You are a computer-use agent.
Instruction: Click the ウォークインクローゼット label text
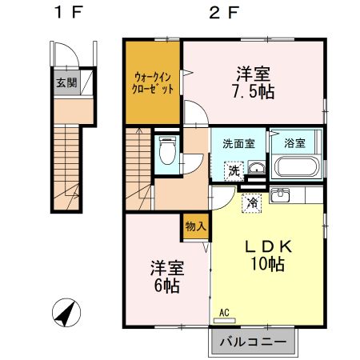153,82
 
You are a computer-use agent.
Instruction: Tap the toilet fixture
167,151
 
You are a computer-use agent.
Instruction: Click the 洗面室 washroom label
238,144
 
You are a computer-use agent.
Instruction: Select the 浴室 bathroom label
294,144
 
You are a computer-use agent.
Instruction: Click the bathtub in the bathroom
297,168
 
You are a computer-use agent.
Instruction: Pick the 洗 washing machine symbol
234,170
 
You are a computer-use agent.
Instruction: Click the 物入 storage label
195,226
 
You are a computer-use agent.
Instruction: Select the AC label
223,314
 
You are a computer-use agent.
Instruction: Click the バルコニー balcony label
253,343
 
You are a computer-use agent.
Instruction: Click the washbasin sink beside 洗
257,167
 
